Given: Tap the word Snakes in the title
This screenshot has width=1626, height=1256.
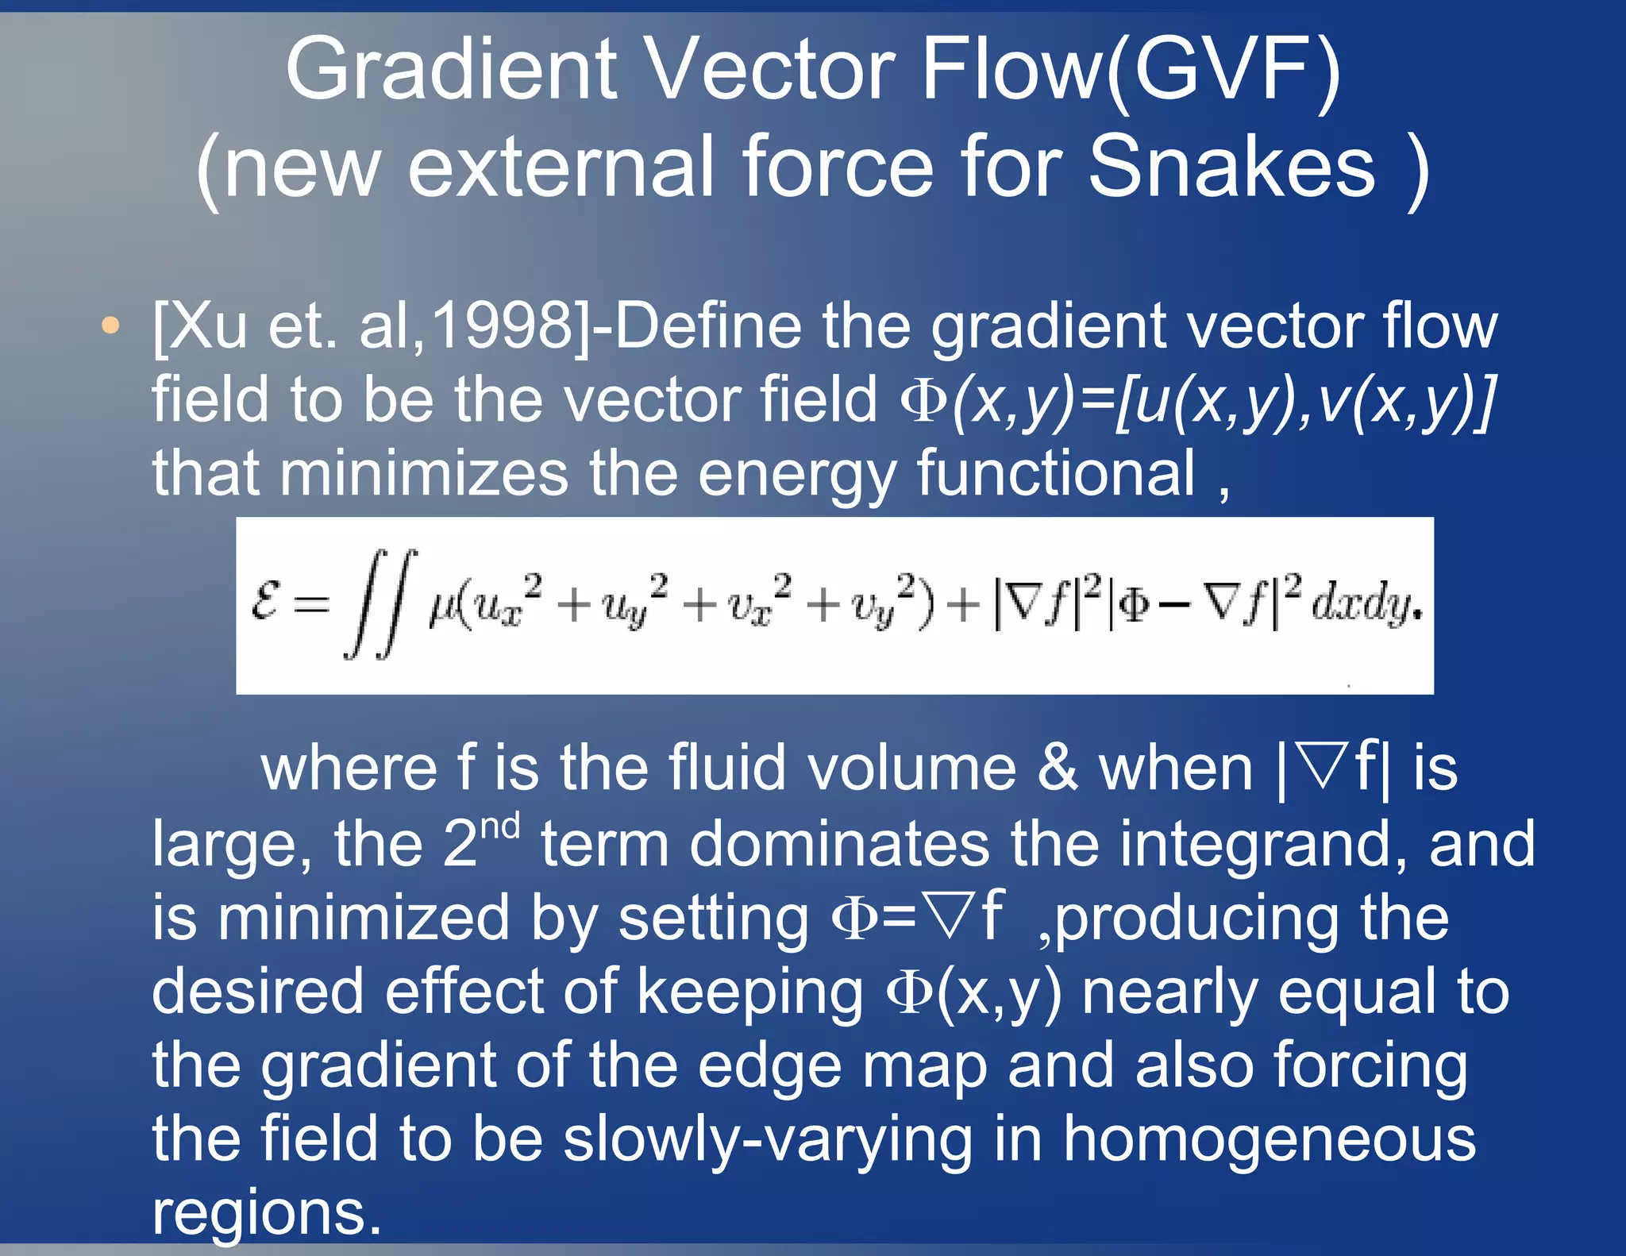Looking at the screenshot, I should coord(1231,167).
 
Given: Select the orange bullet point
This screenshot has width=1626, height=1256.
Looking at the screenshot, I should coord(110,325).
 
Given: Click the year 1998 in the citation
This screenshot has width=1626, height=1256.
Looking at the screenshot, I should coord(503,326).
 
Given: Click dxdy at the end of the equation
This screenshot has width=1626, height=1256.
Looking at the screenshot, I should coord(1362,605).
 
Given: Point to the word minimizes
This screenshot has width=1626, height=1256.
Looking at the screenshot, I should coord(423,473).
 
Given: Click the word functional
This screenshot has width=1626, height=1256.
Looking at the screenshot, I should coord(1055,473).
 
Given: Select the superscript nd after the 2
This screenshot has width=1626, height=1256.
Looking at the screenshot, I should coord(500,826).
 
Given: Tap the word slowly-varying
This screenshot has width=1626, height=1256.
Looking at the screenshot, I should coord(768,1140).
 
